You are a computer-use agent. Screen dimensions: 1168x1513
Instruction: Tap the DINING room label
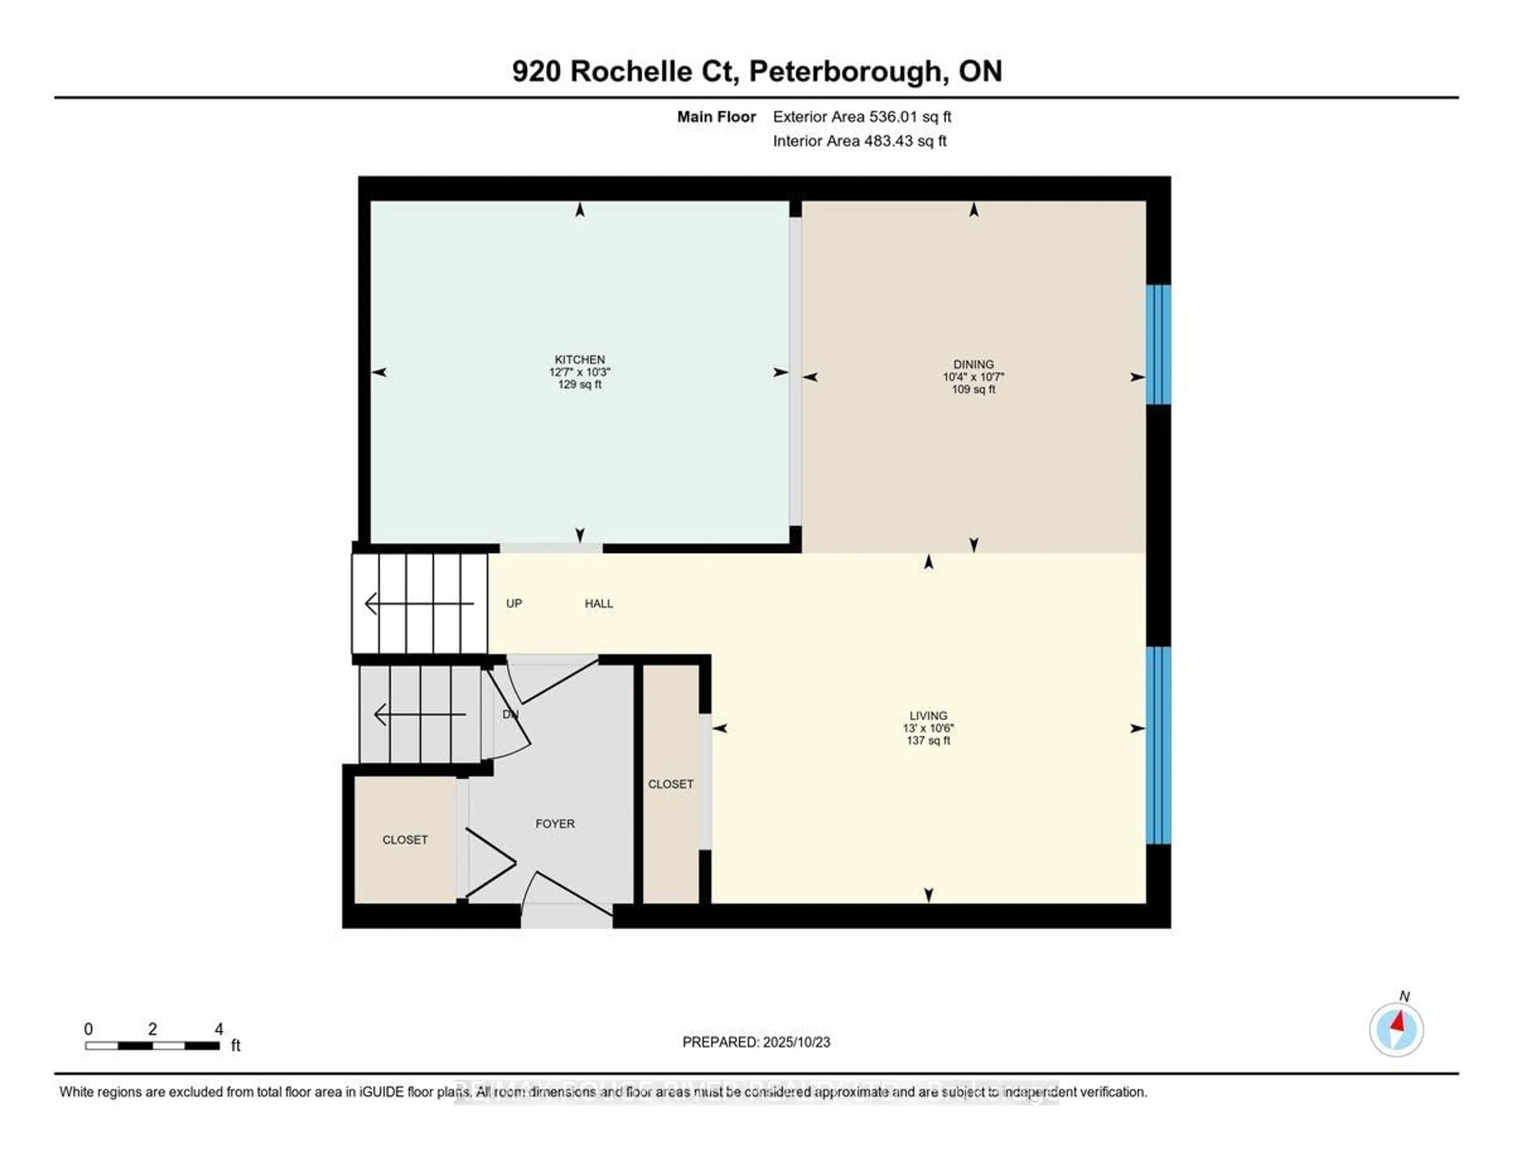pos(973,364)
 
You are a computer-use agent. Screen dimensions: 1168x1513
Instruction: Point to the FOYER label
pos(554,823)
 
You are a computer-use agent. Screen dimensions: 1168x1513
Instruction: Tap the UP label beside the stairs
pos(513,603)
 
